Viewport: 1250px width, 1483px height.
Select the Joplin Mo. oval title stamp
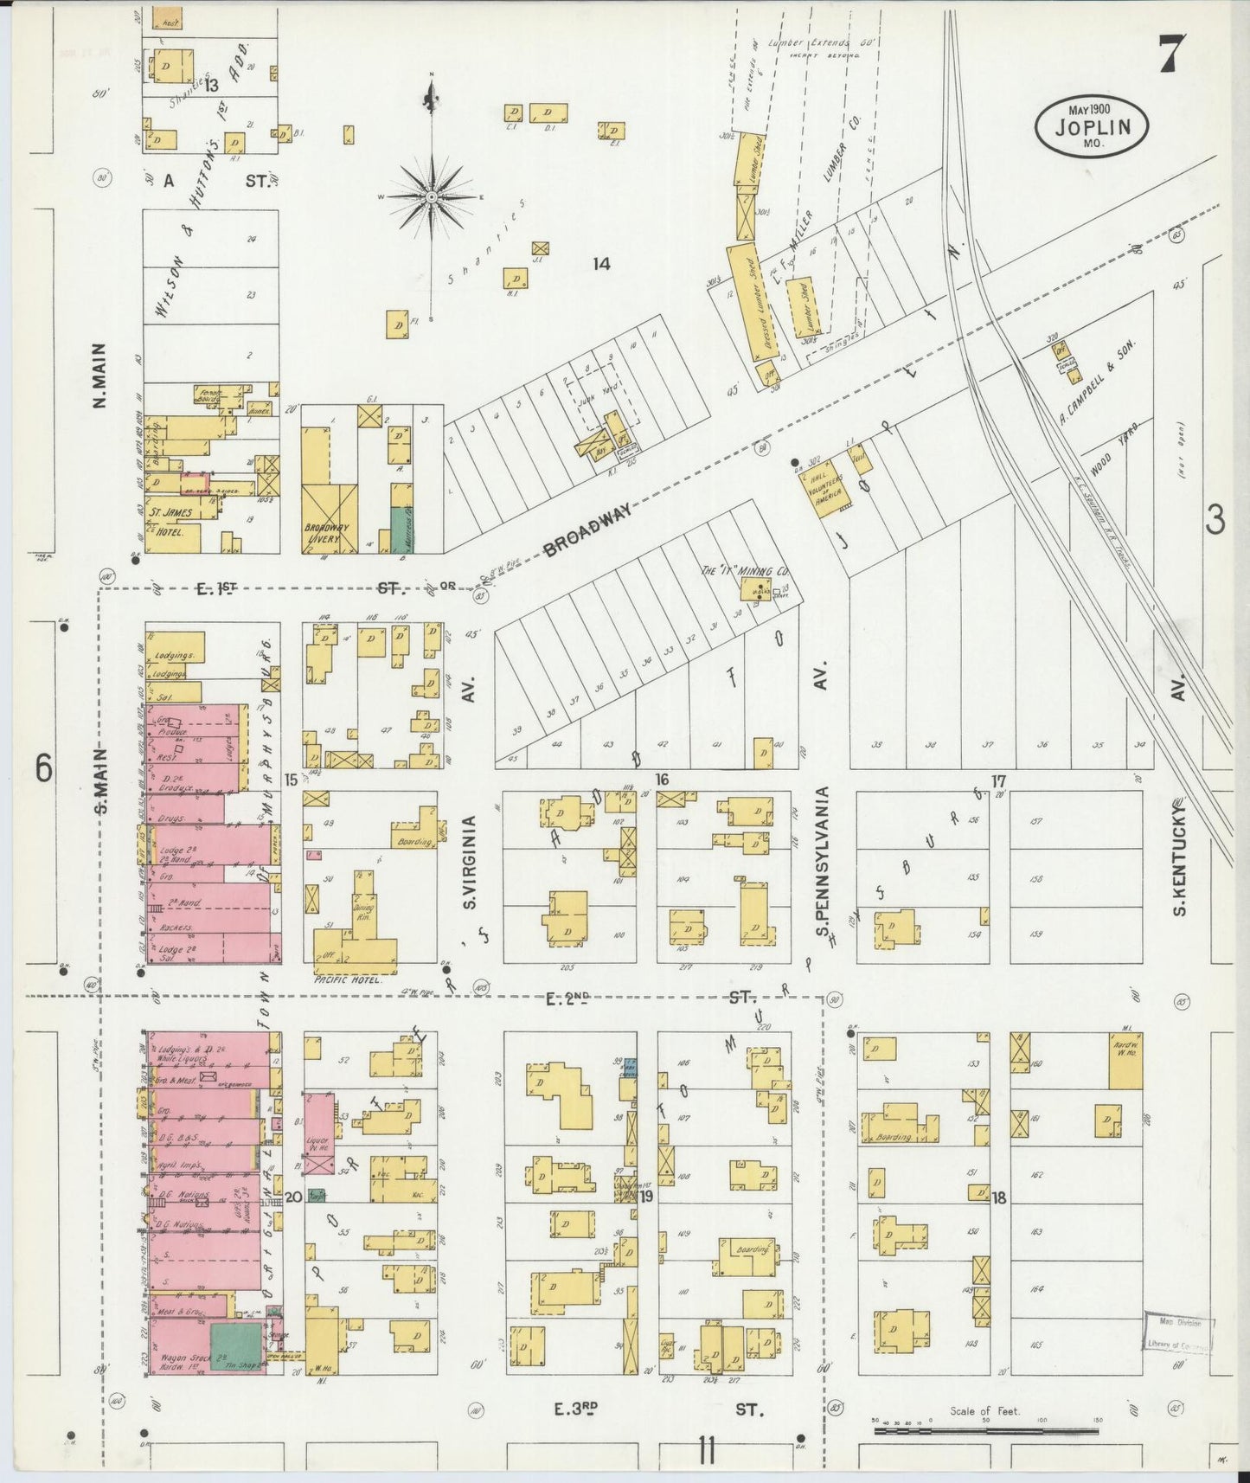(x=1093, y=126)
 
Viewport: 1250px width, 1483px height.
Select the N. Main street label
(x=100, y=376)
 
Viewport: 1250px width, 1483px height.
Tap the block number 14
(x=601, y=264)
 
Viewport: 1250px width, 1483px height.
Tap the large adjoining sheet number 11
(x=707, y=1451)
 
